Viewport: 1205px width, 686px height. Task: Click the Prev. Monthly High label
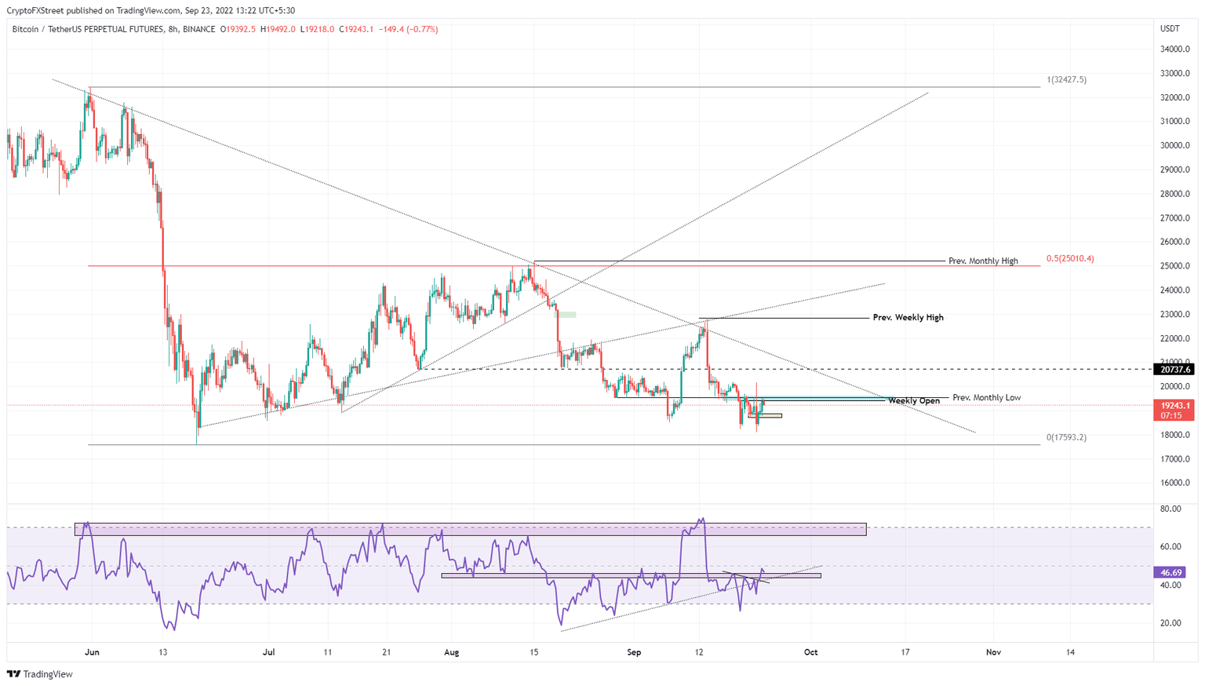pyautogui.click(x=983, y=261)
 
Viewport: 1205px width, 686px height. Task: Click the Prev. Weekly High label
pyautogui.click(x=908, y=318)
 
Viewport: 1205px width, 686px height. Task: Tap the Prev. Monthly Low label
pyautogui.click(x=986, y=398)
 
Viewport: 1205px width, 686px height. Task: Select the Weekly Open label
pyautogui.click(x=914, y=401)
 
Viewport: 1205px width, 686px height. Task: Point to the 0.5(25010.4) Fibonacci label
pyautogui.click(x=1070, y=258)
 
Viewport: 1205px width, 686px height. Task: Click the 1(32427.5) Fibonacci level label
pyautogui.click(x=1066, y=80)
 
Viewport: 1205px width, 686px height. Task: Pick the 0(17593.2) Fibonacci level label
pyautogui.click(x=1066, y=437)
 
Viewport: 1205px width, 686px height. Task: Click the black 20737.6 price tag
pyautogui.click(x=1174, y=369)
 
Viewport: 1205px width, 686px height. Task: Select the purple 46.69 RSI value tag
pyautogui.click(x=1170, y=573)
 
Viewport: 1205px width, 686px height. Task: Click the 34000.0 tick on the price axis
pyautogui.click(x=1174, y=49)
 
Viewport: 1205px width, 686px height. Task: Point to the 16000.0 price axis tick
pyautogui.click(x=1174, y=483)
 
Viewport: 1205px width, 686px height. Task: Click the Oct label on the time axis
pyautogui.click(x=810, y=652)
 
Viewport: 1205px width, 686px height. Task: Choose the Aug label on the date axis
pyautogui.click(x=450, y=652)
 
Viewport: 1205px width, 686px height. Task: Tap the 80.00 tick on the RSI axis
pyautogui.click(x=1170, y=509)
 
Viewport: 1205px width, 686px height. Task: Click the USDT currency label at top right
pyautogui.click(x=1169, y=29)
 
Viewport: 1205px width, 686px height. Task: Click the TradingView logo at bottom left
pyautogui.click(x=40, y=674)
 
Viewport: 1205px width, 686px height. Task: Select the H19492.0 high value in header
pyautogui.click(x=280, y=29)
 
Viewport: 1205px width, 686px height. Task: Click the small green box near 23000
pyautogui.click(x=566, y=315)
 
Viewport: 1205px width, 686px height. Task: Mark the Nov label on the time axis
pyautogui.click(x=993, y=652)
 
